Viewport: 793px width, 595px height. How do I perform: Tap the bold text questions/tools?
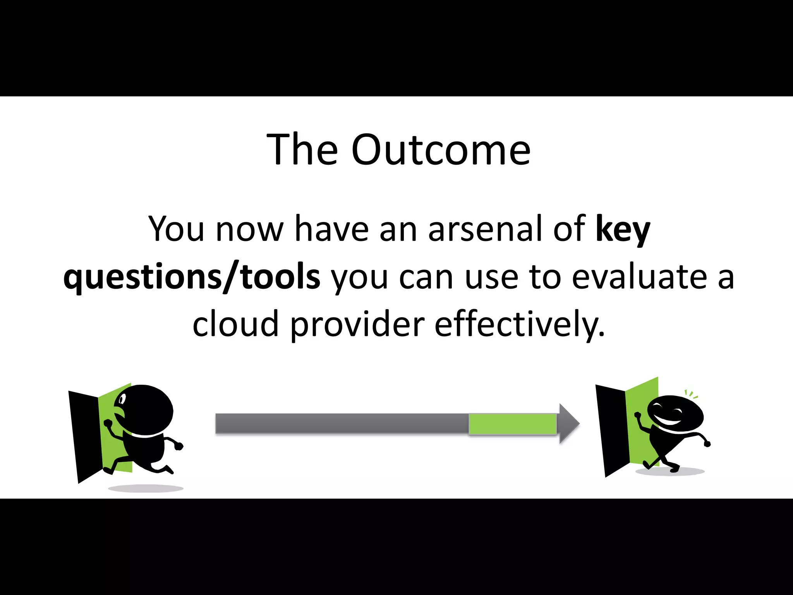192,277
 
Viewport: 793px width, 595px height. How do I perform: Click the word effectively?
519,324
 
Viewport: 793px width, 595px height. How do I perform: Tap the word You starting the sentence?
176,229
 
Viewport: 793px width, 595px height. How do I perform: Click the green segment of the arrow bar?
512,424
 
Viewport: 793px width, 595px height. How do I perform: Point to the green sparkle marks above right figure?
691,395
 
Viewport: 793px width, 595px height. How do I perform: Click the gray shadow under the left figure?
145,488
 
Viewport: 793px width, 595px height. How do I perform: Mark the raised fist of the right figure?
638,416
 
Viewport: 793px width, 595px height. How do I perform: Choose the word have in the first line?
331,229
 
